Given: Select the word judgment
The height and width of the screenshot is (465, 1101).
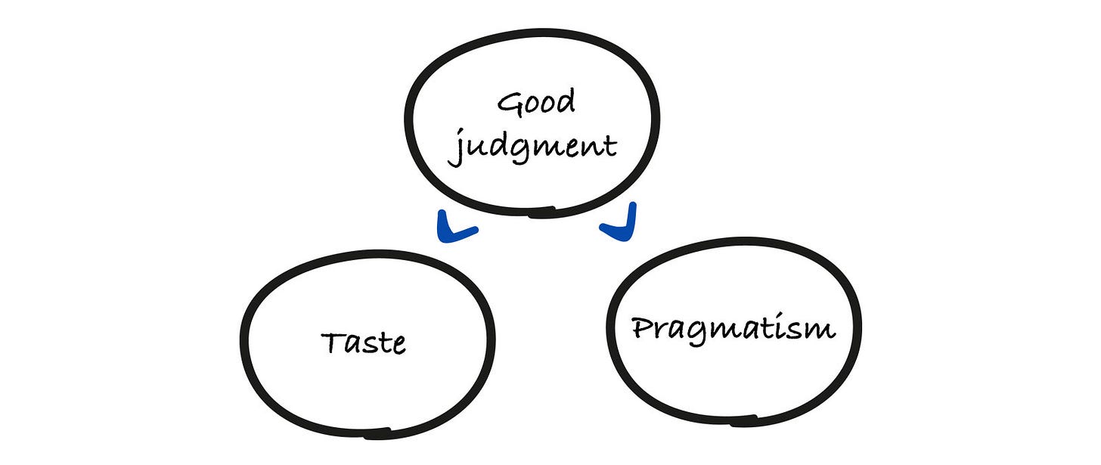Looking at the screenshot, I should point(532,146).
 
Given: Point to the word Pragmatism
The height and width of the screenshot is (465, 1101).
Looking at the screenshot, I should point(733,329).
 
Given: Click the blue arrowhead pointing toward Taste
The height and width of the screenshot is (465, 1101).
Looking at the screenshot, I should point(454,230).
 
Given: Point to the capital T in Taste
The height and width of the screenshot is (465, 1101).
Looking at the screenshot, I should point(333,342).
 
